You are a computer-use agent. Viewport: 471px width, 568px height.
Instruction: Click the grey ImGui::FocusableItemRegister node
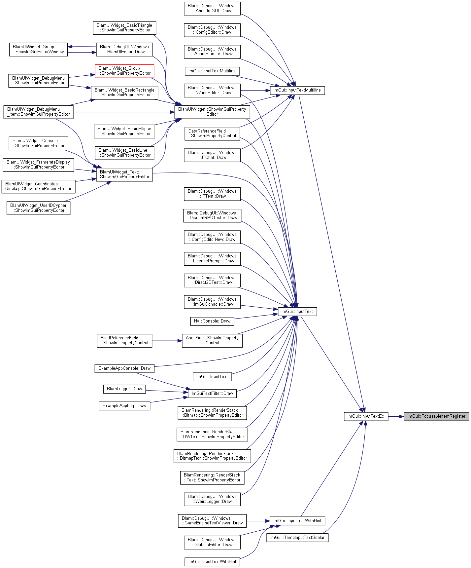(436, 416)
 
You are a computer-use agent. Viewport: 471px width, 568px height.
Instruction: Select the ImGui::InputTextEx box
(366, 416)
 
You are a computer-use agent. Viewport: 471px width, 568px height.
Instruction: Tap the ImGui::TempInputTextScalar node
(297, 538)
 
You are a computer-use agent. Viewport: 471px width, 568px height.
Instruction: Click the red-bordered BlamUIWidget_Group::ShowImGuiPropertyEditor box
(124, 71)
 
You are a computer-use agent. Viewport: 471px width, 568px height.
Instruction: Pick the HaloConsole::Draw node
(212, 321)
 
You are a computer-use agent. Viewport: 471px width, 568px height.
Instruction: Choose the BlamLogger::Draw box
(124, 389)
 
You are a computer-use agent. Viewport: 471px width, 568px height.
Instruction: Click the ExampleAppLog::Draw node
(124, 406)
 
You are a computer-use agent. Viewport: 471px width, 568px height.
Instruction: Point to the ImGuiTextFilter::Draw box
(212, 394)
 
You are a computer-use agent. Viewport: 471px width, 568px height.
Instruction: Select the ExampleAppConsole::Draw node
(124, 368)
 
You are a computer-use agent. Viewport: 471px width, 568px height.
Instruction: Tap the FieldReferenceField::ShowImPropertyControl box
(124, 341)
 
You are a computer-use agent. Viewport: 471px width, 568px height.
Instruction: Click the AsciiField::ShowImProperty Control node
(212, 341)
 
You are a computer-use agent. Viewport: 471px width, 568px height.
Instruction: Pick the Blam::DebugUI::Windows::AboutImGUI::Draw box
(212, 8)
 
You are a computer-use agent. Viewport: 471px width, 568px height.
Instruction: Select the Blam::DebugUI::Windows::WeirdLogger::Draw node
(212, 499)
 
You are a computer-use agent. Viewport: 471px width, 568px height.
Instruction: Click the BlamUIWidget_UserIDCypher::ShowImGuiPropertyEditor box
(38, 208)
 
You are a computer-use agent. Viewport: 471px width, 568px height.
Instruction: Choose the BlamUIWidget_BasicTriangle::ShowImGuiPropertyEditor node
(124, 28)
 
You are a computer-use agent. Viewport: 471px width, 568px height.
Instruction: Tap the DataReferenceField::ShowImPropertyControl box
(212, 133)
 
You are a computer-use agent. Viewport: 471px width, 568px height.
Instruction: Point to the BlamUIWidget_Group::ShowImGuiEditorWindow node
(38, 50)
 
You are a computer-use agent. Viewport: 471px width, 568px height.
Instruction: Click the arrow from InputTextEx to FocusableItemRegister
(396, 416)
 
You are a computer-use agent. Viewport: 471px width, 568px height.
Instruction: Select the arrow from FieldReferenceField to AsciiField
(167, 341)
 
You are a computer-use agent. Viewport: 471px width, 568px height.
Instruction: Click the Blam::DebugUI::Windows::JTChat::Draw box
(212, 155)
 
